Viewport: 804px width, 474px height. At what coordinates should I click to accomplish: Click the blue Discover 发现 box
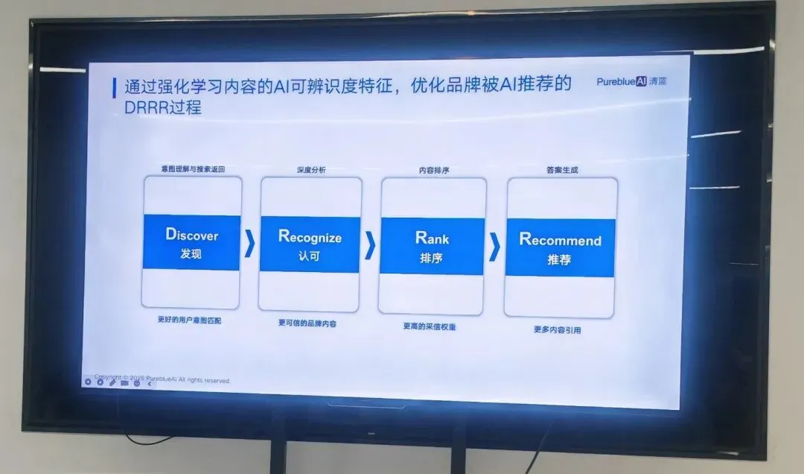click(x=191, y=242)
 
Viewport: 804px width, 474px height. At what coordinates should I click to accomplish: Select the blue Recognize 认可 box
click(x=310, y=245)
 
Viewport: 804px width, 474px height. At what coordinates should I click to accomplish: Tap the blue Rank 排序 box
click(x=432, y=247)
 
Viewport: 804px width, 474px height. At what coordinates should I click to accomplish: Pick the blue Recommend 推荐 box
click(x=560, y=248)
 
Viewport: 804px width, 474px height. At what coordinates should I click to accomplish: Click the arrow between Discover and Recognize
click(x=250, y=244)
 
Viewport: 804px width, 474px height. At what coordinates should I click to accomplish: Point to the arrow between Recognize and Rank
click(x=370, y=245)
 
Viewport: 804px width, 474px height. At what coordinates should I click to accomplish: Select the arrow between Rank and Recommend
click(x=494, y=247)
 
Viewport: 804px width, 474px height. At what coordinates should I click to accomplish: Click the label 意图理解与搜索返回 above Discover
click(x=192, y=169)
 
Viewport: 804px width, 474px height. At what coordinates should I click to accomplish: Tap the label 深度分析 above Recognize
click(x=310, y=170)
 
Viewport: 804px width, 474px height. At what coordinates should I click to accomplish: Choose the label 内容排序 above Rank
click(x=433, y=171)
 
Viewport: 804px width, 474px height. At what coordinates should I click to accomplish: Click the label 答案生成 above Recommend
click(x=562, y=170)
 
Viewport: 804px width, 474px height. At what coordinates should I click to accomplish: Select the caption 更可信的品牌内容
click(x=307, y=323)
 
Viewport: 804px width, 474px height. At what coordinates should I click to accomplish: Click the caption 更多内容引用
click(x=557, y=329)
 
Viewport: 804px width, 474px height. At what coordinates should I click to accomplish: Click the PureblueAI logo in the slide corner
click(x=631, y=81)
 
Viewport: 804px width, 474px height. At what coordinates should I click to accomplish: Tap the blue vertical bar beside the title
click(x=114, y=88)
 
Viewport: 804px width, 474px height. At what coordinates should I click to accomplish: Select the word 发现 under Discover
click(x=191, y=253)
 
